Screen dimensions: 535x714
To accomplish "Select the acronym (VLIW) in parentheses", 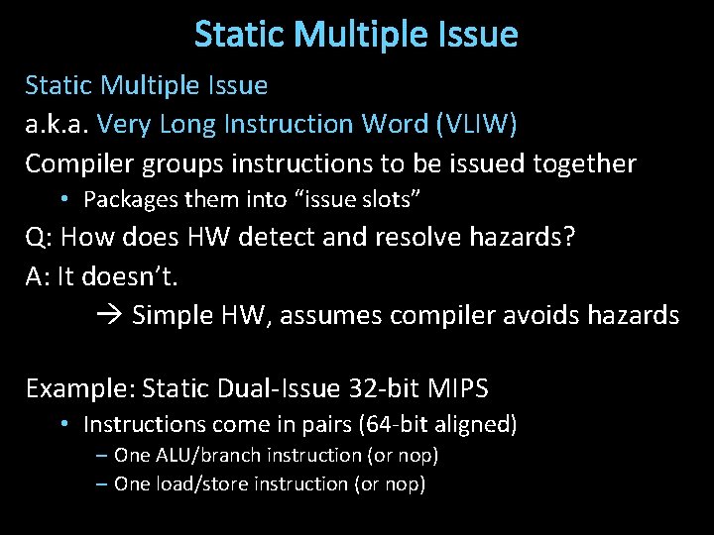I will [x=473, y=124].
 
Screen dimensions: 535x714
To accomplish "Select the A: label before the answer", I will [x=38, y=277].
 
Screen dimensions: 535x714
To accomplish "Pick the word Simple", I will [x=168, y=316].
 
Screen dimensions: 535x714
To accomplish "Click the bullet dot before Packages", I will [x=62, y=199].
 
